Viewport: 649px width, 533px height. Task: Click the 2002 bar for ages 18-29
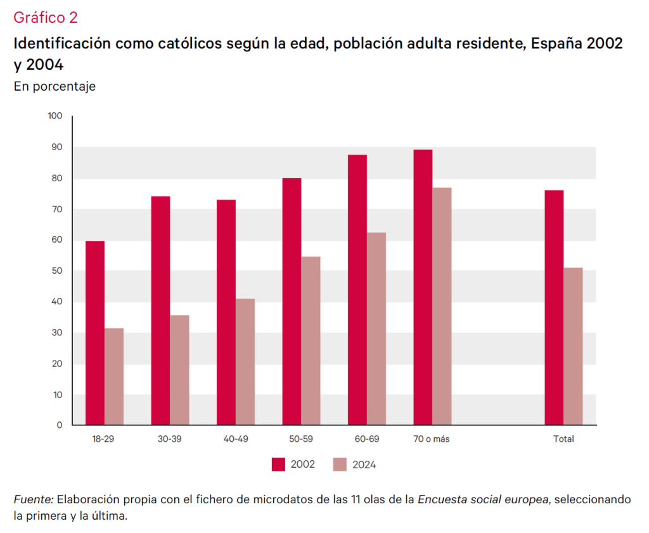click(x=95, y=333)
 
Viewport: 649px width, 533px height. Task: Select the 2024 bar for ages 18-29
click(x=114, y=376)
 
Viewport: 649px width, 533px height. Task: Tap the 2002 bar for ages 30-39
click(x=160, y=311)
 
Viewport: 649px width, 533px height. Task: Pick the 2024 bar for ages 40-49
click(x=245, y=361)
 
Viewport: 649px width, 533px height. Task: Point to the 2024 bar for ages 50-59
click(x=311, y=340)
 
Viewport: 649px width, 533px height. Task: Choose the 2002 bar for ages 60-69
click(x=357, y=290)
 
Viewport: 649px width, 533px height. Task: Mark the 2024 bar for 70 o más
click(x=442, y=305)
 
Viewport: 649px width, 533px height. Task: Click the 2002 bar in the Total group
click(x=554, y=307)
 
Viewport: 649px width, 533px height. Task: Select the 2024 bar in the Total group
click(x=573, y=346)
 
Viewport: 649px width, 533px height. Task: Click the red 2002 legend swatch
click(x=278, y=465)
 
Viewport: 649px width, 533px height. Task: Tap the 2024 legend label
click(x=364, y=465)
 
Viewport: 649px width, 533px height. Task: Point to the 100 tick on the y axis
click(x=55, y=116)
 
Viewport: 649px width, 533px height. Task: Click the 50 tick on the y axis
click(x=57, y=271)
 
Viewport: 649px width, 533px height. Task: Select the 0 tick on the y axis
click(x=60, y=425)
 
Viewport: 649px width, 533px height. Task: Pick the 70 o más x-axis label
click(x=432, y=439)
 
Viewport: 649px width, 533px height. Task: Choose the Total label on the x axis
click(x=563, y=439)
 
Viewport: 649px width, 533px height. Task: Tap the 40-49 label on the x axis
click(x=235, y=439)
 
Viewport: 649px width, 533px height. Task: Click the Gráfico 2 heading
click(x=45, y=18)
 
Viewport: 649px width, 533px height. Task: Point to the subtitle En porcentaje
click(x=55, y=86)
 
